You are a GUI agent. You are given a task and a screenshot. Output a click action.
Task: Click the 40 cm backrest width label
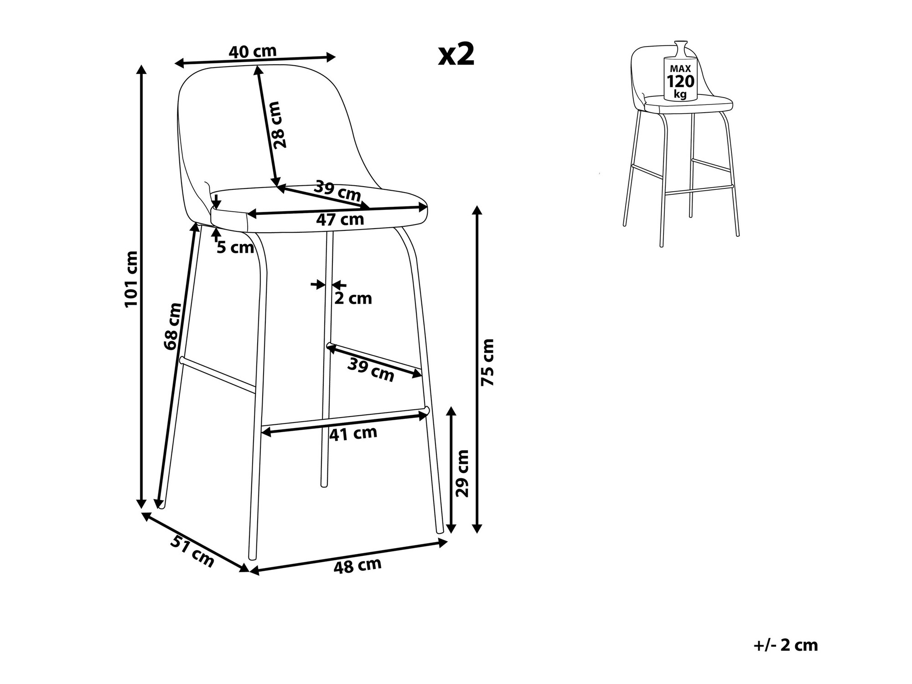pyautogui.click(x=252, y=52)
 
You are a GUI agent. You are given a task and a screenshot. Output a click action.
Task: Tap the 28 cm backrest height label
pyautogui.click(x=278, y=125)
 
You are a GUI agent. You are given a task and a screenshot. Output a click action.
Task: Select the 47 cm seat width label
pyautogui.click(x=340, y=220)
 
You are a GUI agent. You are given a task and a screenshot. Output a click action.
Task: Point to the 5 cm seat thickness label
pyautogui.click(x=235, y=248)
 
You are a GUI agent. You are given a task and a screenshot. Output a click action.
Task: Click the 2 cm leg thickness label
pyautogui.click(x=353, y=299)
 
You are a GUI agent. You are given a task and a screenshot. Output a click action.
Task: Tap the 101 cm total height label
pyautogui.click(x=131, y=279)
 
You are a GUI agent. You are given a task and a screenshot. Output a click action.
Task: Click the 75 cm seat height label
pyautogui.click(x=487, y=362)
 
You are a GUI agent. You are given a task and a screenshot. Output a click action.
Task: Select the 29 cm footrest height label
pyautogui.click(x=462, y=474)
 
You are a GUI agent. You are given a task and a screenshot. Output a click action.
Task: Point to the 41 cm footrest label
pyautogui.click(x=353, y=433)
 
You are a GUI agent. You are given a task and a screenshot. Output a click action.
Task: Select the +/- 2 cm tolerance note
pyautogui.click(x=786, y=645)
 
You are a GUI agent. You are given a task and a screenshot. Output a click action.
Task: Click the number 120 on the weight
pyautogui.click(x=680, y=82)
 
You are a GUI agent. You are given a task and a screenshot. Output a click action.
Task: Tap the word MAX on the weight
pyautogui.click(x=680, y=68)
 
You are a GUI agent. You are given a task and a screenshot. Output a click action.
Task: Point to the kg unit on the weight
pyautogui.click(x=680, y=94)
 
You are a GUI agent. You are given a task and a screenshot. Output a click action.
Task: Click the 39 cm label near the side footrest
pyautogui.click(x=371, y=370)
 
